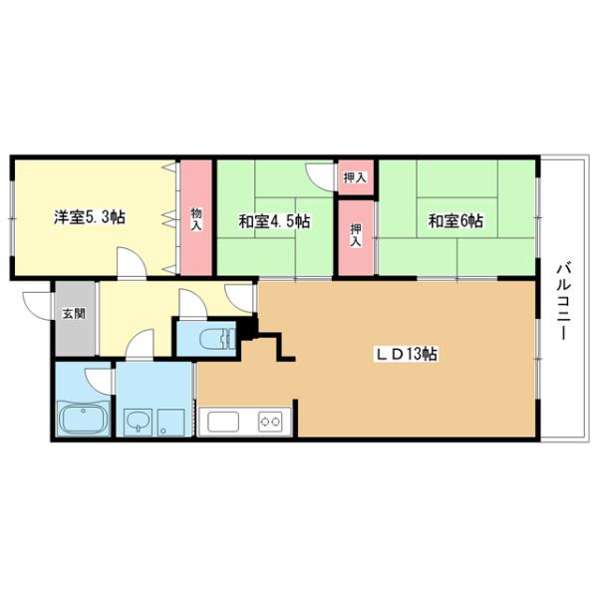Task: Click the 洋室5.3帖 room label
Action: [89, 217]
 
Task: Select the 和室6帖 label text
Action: [455, 220]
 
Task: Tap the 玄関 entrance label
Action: [74, 314]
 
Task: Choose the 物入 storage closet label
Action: [196, 218]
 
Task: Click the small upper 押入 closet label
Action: [355, 178]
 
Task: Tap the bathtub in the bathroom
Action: [84, 419]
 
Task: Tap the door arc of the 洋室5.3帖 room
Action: [132, 264]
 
